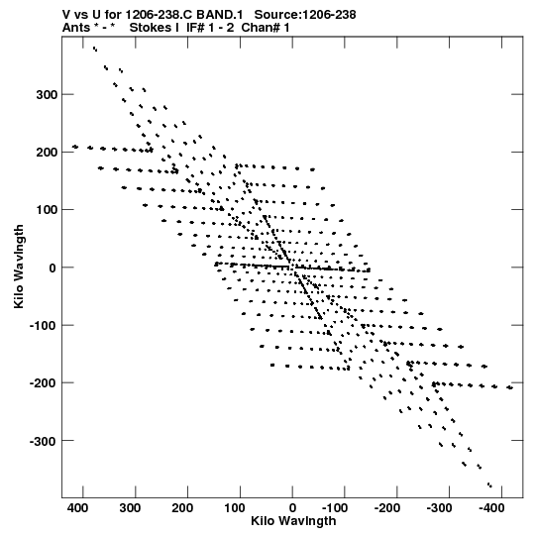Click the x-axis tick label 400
click(77, 508)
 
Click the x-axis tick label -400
click(491, 508)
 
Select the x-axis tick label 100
click(235, 508)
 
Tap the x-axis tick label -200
click(386, 508)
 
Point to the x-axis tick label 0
click(292, 508)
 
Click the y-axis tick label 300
click(47, 95)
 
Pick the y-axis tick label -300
click(44, 441)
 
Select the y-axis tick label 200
click(47, 153)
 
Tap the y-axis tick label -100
click(44, 326)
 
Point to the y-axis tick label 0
click(53, 268)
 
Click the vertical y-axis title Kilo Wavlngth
click(19, 267)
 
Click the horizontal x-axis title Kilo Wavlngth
click(293, 521)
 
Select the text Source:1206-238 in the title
click(305, 15)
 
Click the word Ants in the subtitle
click(76, 28)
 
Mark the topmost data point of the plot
click(95, 49)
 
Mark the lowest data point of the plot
click(489, 485)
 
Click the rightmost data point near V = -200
click(509, 387)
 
